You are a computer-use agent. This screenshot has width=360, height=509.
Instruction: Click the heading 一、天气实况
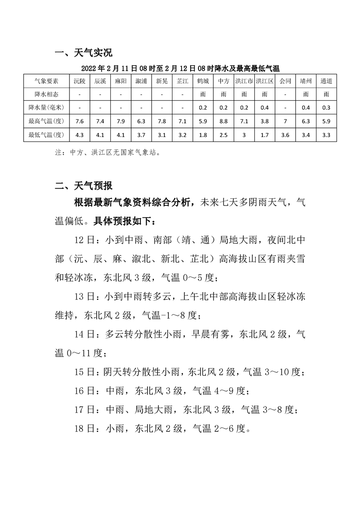pyautogui.click(x=83, y=53)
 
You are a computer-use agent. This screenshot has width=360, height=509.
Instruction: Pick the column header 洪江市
pyautogui.click(x=244, y=81)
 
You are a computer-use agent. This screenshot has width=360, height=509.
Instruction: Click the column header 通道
pyautogui.click(x=326, y=81)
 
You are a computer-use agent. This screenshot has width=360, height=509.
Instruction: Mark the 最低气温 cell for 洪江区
pyautogui.click(x=264, y=135)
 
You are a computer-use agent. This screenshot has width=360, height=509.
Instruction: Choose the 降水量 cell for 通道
pyautogui.click(x=326, y=107)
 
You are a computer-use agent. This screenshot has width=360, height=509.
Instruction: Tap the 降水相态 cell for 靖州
pyautogui.click(x=306, y=94)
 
